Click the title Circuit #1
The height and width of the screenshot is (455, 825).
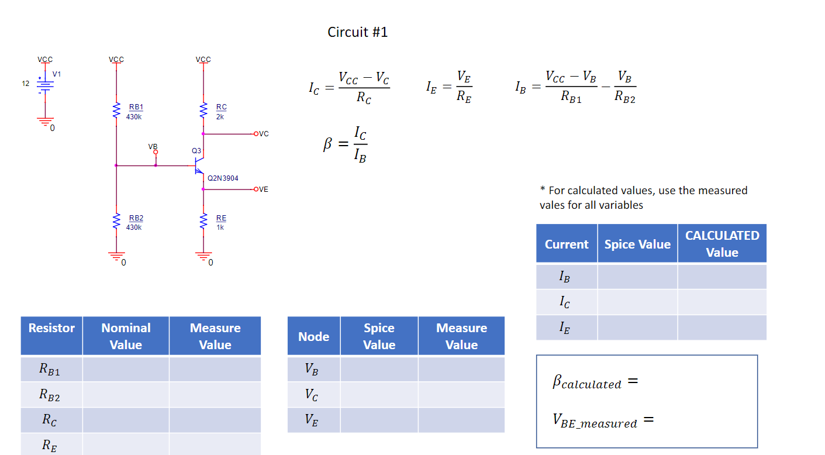[357, 32]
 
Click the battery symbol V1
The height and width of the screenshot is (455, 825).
[45, 84]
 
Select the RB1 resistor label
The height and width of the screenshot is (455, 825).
[136, 107]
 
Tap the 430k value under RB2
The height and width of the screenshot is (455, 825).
[134, 227]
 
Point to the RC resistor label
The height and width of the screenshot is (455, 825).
[221, 107]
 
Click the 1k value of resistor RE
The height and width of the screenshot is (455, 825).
[220, 227]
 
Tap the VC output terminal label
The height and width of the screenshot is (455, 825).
[263, 134]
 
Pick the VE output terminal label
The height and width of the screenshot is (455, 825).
[263, 189]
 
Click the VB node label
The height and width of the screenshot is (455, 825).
[153, 146]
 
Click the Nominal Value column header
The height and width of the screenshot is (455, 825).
[126, 336]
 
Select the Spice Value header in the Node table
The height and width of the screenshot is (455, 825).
[379, 336]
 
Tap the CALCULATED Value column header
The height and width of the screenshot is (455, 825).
[722, 243]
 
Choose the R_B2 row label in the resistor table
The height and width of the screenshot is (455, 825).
[50, 395]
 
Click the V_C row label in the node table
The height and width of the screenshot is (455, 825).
[312, 395]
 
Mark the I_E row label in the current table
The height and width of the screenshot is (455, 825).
[565, 328]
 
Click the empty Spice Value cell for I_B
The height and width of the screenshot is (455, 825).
[637, 277]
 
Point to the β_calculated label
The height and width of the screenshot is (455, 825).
[587, 382]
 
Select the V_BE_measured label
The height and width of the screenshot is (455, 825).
[595, 421]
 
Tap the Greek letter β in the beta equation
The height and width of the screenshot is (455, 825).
[328, 144]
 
